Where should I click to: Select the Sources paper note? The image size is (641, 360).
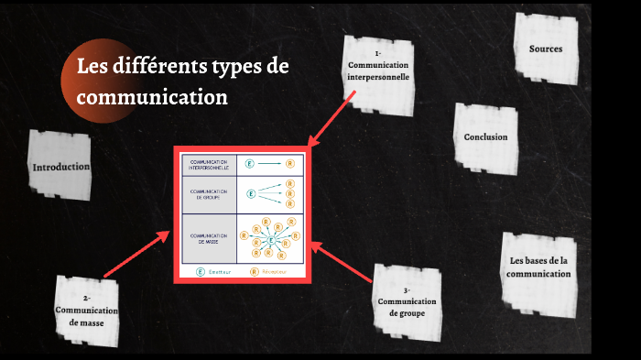pos(546,49)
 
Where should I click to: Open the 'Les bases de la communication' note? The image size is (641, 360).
pos(539,267)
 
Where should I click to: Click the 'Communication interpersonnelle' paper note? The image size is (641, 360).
pos(378,73)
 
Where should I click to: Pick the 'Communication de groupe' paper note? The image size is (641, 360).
pos(407,300)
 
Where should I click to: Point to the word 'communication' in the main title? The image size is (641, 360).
pos(152,95)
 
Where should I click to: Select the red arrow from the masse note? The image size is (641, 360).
pos(137,254)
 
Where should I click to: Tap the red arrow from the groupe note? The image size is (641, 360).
pos(343,260)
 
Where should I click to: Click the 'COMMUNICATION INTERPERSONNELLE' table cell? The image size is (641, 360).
pos(209,163)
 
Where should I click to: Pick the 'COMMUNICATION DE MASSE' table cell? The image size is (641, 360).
pos(209,238)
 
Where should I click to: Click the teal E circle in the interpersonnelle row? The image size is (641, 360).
pos(250,163)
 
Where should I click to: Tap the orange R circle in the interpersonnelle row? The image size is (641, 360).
pos(289,163)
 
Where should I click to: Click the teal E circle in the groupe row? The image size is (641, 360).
pos(250,193)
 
